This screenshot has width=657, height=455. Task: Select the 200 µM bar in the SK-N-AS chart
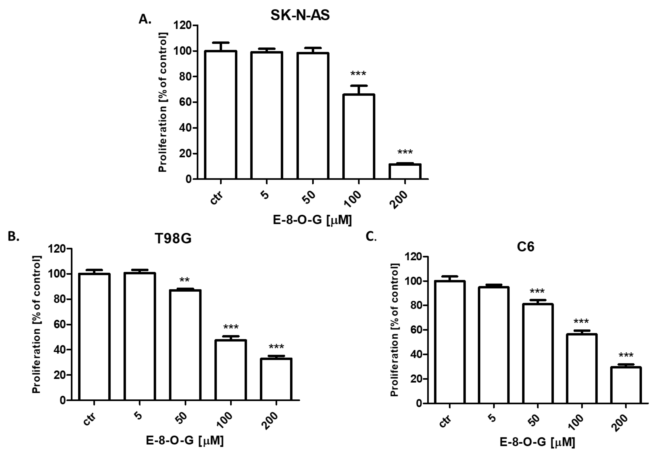(x=405, y=172)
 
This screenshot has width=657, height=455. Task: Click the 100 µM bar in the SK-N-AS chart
(x=358, y=137)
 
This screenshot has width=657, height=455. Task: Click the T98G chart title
(x=173, y=238)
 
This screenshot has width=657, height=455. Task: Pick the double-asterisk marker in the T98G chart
(x=184, y=280)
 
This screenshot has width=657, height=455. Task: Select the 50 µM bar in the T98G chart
(x=185, y=345)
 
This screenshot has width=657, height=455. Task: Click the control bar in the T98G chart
(x=94, y=336)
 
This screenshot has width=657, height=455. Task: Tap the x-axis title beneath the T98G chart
(x=185, y=441)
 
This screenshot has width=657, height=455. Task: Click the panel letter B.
(x=13, y=237)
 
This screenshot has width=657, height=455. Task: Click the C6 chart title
(x=525, y=247)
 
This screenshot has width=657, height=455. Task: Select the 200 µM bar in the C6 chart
(x=626, y=386)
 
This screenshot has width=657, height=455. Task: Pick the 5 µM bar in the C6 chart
(x=494, y=345)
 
